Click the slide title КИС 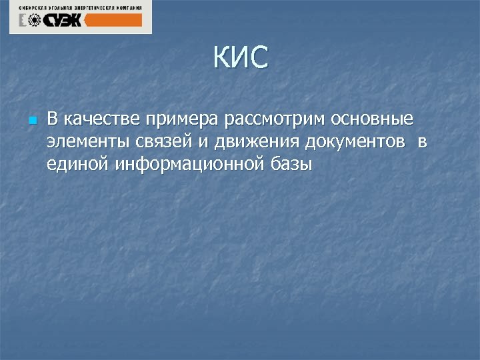point(241,58)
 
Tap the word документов point(355,142)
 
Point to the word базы point(291,164)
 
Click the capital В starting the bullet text point(53,120)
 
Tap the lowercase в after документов point(423,143)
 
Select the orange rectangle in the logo point(115,21)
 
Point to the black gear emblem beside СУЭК point(29,21)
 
